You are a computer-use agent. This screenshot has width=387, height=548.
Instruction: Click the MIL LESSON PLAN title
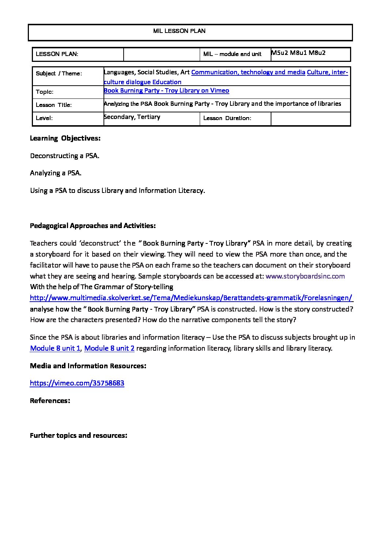pos(179,31)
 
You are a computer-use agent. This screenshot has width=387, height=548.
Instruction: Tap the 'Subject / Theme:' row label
pos(59,74)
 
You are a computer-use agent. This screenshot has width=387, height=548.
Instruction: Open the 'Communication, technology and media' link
pos(248,72)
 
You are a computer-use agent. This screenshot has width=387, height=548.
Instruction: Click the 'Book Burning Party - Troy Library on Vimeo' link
pos(166,90)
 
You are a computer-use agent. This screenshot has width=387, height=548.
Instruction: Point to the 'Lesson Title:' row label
pos(54,105)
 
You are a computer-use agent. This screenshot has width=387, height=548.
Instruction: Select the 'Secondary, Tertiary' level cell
pos(132,117)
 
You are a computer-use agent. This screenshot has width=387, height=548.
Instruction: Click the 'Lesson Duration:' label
pos(227,118)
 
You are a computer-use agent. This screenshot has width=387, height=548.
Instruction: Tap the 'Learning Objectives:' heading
pos(65,138)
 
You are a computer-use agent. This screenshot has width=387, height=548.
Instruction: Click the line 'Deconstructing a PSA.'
pos(65,156)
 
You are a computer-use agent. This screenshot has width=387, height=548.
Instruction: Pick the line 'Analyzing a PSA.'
pos(56,173)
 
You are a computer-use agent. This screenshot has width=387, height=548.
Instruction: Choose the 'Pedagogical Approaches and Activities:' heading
pos(93,226)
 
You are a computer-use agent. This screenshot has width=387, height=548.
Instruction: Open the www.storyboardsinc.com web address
pos(305,276)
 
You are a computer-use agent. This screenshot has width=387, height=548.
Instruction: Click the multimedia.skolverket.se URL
pos(191,298)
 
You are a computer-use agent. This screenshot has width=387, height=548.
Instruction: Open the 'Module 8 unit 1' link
pos(55,348)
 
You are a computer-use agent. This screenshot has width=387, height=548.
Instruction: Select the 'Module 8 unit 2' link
pos(109,348)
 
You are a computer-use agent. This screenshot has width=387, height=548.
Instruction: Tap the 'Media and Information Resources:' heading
pos(88,366)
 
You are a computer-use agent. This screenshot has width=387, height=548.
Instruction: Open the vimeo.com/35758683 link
pos(77,383)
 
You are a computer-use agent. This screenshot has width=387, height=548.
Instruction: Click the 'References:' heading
pos(50,401)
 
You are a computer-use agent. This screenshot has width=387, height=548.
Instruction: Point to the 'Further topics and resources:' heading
pos(78,436)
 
